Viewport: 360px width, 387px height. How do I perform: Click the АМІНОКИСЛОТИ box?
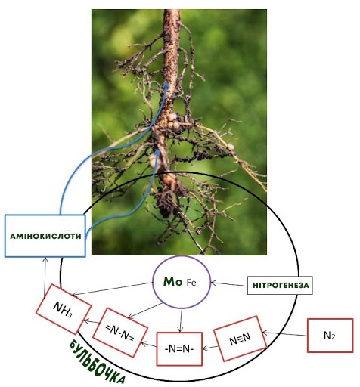[45, 236]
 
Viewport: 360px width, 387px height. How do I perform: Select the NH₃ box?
[64, 309]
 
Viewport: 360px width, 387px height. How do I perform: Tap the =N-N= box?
[120, 333]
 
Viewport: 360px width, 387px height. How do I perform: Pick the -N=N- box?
[179, 349]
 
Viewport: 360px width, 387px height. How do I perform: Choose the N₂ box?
[330, 336]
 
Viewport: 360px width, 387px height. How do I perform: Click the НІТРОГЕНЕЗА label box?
[280, 285]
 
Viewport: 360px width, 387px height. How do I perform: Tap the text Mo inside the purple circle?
[172, 282]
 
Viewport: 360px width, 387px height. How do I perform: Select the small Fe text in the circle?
[191, 283]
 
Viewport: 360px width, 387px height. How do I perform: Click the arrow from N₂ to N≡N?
[285, 334]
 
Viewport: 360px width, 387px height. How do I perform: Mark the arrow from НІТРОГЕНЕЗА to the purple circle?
[229, 284]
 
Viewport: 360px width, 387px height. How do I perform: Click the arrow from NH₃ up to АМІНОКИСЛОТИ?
[45, 277]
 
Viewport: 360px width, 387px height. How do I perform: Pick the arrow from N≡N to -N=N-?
[210, 348]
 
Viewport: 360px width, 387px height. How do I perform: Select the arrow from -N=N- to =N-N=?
[149, 345]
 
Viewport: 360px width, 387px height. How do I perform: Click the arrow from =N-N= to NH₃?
[92, 322]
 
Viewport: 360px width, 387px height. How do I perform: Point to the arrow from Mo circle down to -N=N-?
[181, 320]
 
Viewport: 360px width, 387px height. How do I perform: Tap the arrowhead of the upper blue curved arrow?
[166, 85]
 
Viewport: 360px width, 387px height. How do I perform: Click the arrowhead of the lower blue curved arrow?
[157, 152]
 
